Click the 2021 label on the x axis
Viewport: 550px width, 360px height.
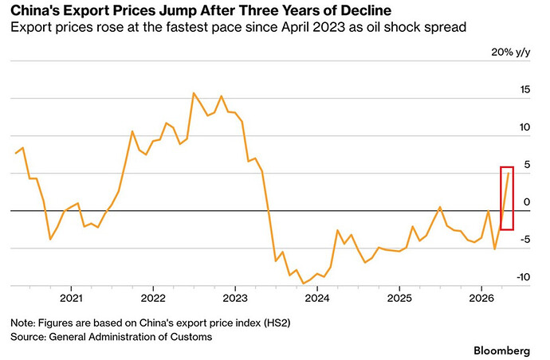point(71,299)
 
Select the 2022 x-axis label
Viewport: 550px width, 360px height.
point(153,299)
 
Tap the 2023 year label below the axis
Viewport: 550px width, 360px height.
point(235,299)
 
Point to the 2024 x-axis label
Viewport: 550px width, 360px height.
point(317,299)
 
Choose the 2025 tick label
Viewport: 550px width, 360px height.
point(399,299)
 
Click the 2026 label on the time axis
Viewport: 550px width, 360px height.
point(481,299)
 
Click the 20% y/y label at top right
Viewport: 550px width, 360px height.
point(511,53)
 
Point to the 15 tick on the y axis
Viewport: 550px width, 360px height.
point(524,89)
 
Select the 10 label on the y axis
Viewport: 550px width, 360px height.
point(524,127)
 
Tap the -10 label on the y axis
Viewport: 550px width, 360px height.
point(523,277)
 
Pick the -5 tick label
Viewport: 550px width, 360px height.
point(524,240)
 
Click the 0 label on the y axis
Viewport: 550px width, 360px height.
point(527,202)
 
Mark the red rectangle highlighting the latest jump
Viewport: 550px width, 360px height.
point(501,198)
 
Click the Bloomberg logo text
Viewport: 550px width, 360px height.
point(502,350)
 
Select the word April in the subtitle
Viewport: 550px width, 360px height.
point(295,27)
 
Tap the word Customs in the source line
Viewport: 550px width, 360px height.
point(191,337)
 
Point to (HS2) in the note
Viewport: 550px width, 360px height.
point(277,323)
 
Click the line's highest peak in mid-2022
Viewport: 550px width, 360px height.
point(194,93)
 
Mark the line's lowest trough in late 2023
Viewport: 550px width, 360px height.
point(304,284)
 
